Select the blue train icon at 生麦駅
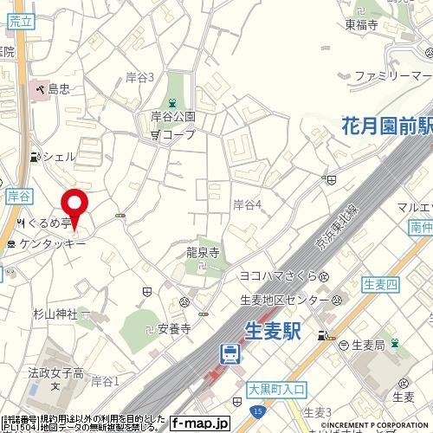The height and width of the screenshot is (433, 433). pyautogui.click(x=230, y=352)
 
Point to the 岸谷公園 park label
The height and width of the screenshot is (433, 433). pyautogui.click(x=173, y=116)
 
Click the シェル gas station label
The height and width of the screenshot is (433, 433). pyautogui.click(x=59, y=157)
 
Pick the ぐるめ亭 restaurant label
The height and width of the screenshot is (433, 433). pyautogui.click(x=53, y=223)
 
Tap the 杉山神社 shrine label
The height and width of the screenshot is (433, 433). pyautogui.click(x=55, y=313)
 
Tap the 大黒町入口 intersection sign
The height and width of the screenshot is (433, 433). pyautogui.click(x=275, y=389)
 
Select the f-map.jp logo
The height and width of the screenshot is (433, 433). pyautogui.click(x=199, y=423)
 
